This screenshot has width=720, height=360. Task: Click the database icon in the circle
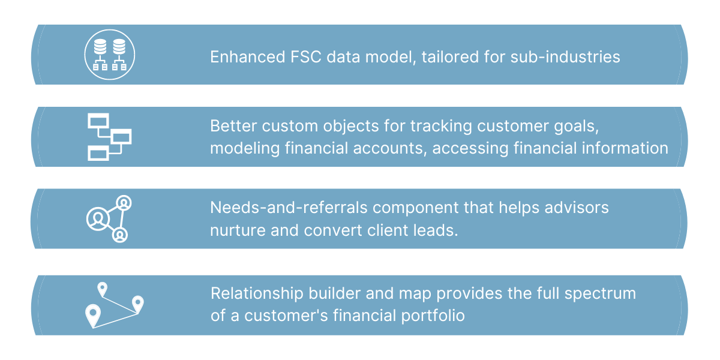pos(110,55)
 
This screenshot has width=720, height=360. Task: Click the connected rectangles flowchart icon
pos(109,137)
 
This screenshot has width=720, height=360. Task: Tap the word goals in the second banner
pos(593,127)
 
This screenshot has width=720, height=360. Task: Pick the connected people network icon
pos(109,219)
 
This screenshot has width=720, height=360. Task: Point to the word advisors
pos(577,208)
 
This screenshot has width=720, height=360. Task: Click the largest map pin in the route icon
pos(92,314)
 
